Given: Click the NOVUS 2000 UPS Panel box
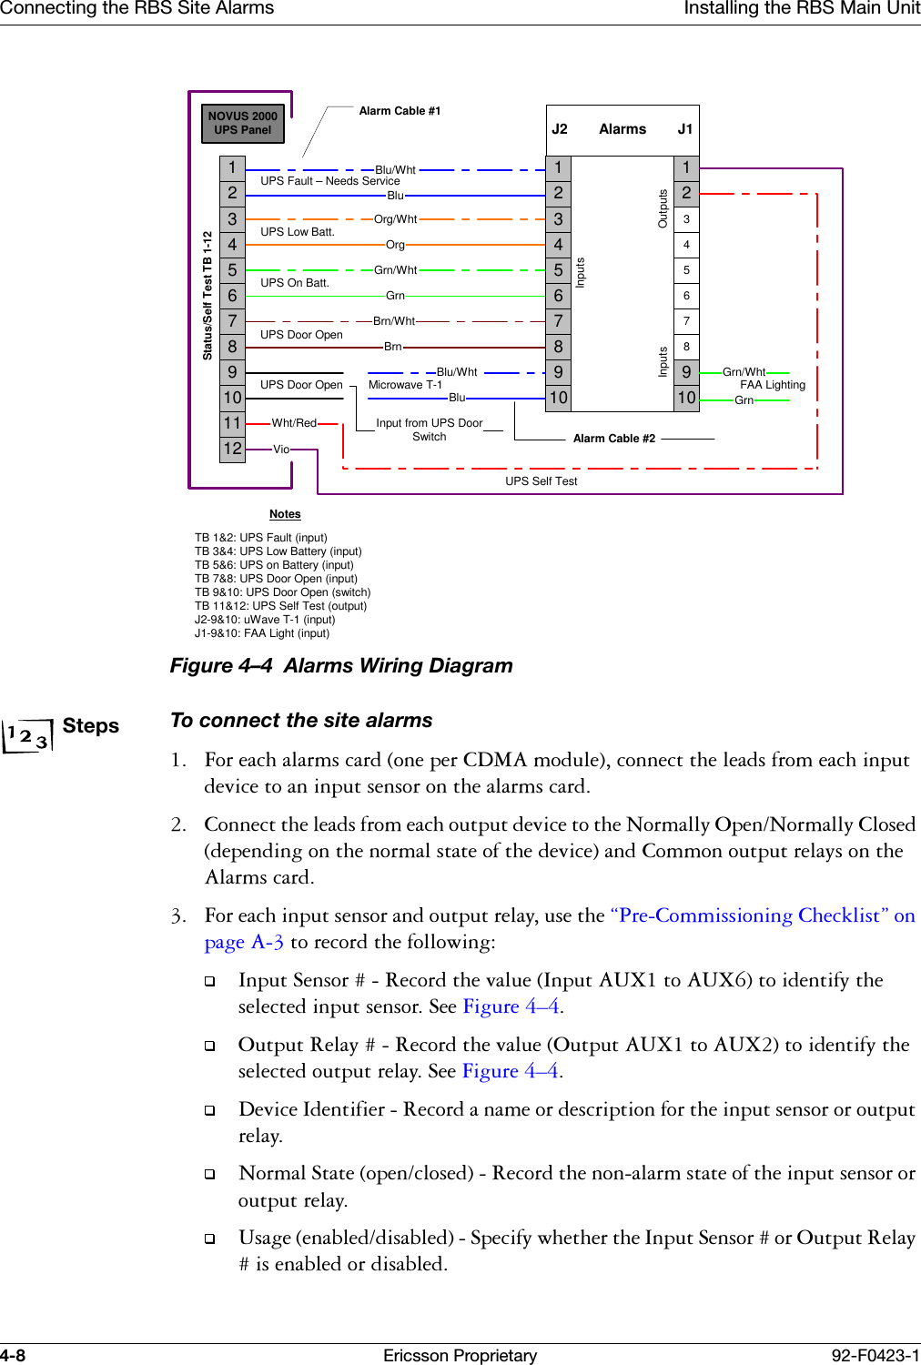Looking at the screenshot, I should tap(242, 123).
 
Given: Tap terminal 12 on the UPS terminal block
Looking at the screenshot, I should tap(232, 449).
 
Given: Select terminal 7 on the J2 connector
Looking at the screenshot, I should tap(558, 321).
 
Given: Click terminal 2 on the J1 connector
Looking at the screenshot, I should tap(686, 193).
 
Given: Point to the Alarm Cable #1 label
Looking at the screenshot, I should tap(400, 111).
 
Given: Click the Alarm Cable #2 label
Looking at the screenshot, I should tap(613, 439).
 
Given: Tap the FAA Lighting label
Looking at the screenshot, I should tap(773, 385).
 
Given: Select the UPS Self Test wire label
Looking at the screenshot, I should tap(541, 481).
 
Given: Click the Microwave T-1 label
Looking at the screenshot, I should tap(405, 385).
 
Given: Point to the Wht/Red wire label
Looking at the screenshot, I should tap(294, 423).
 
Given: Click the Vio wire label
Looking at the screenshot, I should tap(281, 450).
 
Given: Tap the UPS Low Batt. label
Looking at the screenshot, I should tap(297, 232).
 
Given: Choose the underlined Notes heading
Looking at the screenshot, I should tap(285, 514).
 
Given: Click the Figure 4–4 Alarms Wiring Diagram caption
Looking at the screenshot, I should tap(341, 666).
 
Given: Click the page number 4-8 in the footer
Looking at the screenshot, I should tap(13, 1355).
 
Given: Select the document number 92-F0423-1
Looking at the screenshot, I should tap(875, 1355).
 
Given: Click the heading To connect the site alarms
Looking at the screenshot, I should tap(301, 721).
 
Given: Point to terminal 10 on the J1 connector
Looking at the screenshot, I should tap(686, 398).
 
